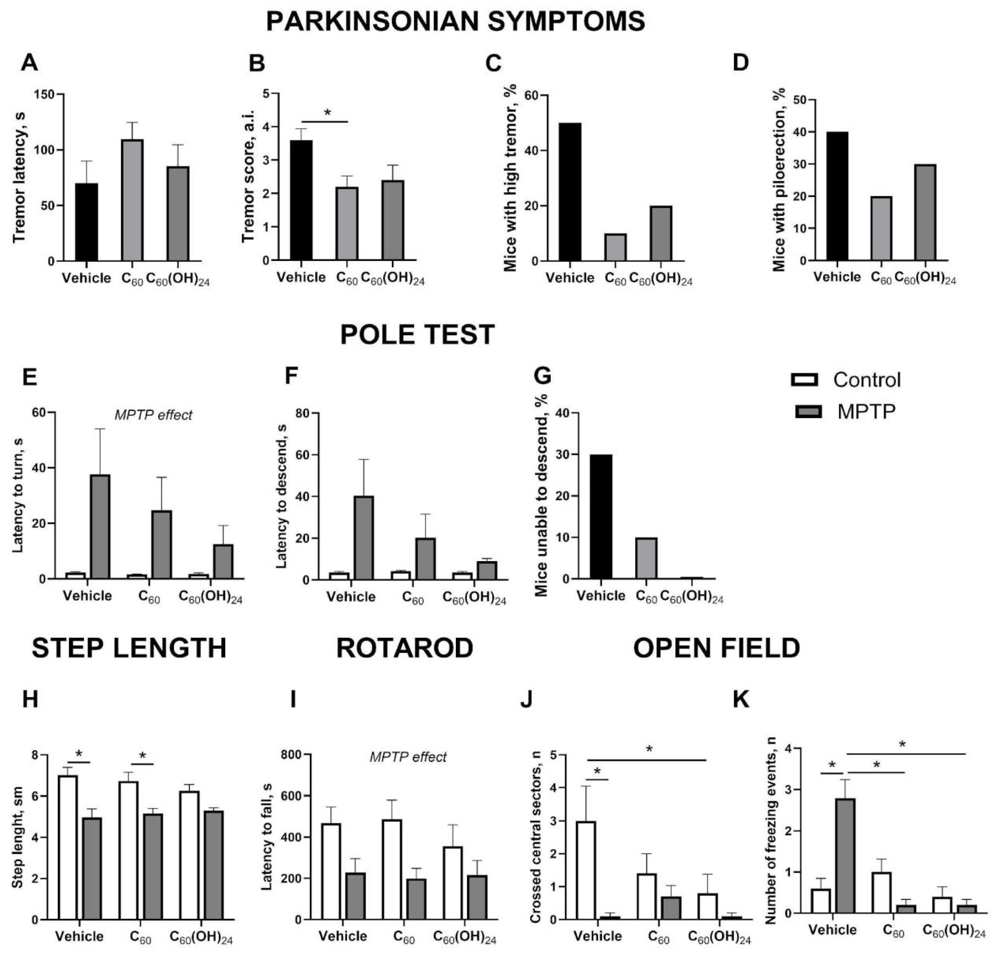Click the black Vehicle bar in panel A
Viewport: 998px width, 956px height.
point(87,223)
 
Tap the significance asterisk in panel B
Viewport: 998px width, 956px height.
point(328,112)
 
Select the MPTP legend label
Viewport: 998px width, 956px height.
point(866,411)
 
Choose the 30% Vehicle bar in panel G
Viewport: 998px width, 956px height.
point(601,517)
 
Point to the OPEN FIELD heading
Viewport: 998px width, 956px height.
point(716,648)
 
